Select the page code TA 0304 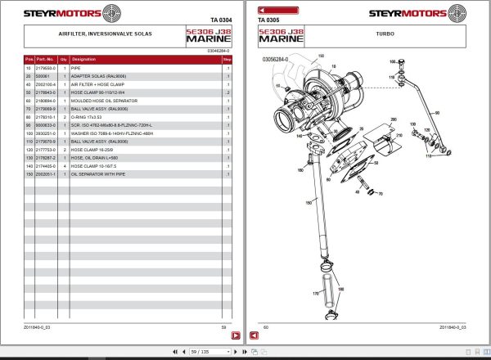[x=221, y=20]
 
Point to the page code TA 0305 [x=268, y=20]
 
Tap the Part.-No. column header [x=45, y=60]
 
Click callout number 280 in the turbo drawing [x=393, y=119]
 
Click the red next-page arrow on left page [x=234, y=335]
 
